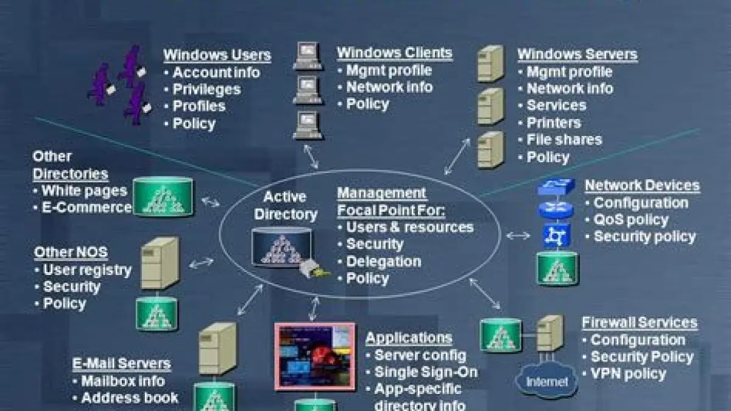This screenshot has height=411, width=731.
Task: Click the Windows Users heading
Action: coord(217,55)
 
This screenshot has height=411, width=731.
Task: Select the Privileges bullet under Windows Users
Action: coord(206,89)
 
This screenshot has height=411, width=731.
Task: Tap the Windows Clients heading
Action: coord(395,53)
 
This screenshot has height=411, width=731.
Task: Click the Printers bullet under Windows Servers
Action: coord(553,123)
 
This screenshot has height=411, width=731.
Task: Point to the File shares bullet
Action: coord(563,140)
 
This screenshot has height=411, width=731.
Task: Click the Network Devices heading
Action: coord(642,185)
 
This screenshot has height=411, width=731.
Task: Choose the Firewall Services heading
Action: coord(639,323)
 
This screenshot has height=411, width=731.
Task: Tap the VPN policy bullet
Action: coord(628,374)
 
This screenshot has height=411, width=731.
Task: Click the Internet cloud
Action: coord(546,382)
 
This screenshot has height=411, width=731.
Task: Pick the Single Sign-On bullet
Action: coord(425,372)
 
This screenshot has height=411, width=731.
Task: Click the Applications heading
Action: coord(409,338)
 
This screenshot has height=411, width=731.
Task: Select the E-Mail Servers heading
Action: coord(121,364)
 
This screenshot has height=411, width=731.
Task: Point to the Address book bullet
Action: coord(129,398)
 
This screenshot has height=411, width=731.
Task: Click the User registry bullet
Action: coord(87,270)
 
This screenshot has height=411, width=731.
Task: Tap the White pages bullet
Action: coord(83,191)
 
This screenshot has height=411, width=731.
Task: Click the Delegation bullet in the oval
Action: coord(383,262)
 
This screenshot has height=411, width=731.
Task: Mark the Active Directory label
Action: coord(285,206)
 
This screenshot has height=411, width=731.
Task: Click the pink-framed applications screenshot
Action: coord(314,356)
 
